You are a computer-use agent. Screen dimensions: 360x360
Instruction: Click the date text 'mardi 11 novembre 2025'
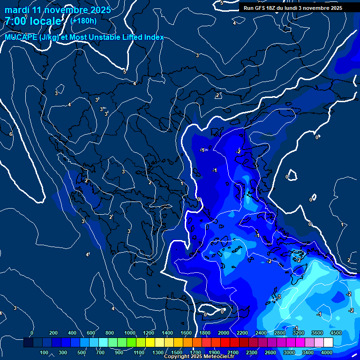pyautogui.click(x=58, y=10)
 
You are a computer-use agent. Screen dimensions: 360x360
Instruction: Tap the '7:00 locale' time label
pyautogui.click(x=33, y=21)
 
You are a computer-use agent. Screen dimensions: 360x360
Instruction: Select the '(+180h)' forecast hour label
pyautogui.click(x=83, y=21)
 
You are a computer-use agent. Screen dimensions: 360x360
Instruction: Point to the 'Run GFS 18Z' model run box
pyautogui.click(x=292, y=8)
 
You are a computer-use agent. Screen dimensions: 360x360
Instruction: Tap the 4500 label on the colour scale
pyautogui.click(x=336, y=333)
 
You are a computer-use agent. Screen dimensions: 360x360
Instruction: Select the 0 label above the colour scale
pyautogui.click(x=32, y=333)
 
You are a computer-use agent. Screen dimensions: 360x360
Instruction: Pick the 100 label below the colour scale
pyautogui.click(x=45, y=352)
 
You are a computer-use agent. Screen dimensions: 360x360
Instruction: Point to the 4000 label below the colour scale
pyautogui.click(x=327, y=352)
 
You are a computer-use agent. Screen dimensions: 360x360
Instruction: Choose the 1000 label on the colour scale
pyautogui.click(x=130, y=333)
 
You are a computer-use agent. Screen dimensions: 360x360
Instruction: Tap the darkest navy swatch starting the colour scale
pyautogui.click(x=28, y=343)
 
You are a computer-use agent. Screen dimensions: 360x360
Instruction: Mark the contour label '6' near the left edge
pyautogui.click(x=11, y=134)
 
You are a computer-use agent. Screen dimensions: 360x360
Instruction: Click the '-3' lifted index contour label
pyautogui.click(x=278, y=297)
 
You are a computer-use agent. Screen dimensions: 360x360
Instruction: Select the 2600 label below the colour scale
pyautogui.click(x=270, y=352)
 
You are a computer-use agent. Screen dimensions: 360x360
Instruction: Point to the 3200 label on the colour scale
pyautogui.click(x=299, y=333)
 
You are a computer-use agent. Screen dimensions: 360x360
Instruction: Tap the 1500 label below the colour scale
pyautogui.click(x=177, y=352)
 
